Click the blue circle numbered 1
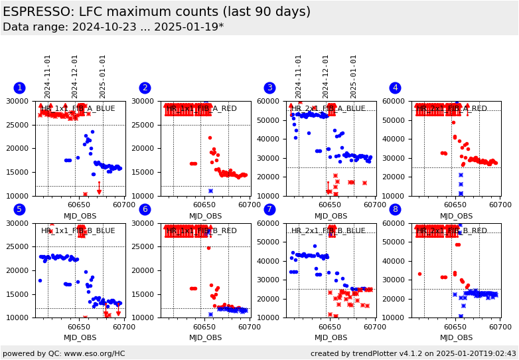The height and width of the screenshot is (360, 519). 19,88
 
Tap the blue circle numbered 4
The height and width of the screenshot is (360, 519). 395,88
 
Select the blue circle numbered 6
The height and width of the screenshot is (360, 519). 145,209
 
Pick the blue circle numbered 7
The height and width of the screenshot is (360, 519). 269,209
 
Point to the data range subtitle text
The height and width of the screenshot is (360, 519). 113,27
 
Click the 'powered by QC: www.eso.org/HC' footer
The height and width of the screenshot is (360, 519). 64,353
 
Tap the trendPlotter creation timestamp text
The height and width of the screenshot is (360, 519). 413,353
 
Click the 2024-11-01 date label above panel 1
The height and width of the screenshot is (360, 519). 48,76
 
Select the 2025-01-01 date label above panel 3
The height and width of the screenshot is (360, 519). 354,76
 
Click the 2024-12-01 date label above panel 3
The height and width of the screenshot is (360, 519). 327,76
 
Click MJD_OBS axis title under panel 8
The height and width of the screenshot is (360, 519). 457,337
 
